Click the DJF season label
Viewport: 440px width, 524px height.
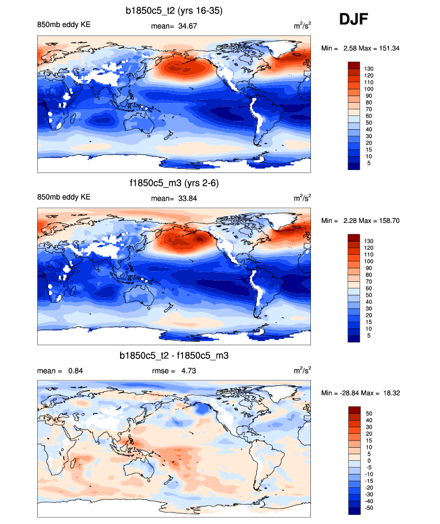point(354,19)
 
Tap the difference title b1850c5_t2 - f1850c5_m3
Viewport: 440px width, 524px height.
point(174,356)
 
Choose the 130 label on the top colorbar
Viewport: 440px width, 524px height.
point(369,69)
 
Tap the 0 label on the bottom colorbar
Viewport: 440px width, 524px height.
point(367,460)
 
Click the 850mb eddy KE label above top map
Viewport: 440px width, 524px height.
point(64,25)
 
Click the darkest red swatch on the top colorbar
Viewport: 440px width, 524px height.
point(354,65)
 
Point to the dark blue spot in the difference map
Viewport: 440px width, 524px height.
point(203,409)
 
